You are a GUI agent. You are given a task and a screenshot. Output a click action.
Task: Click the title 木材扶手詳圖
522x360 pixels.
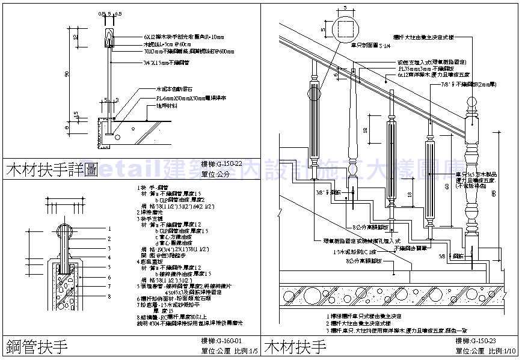(51, 169)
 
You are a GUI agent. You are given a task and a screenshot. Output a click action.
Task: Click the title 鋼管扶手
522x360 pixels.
(36, 347)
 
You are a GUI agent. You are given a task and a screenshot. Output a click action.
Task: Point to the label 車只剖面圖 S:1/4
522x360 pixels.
(372, 45)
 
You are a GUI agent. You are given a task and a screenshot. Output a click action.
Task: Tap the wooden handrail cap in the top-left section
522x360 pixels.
(109, 37)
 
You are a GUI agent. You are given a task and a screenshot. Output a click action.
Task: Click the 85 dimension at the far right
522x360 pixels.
(511, 194)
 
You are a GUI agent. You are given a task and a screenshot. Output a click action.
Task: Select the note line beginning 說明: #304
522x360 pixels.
(177, 323)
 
